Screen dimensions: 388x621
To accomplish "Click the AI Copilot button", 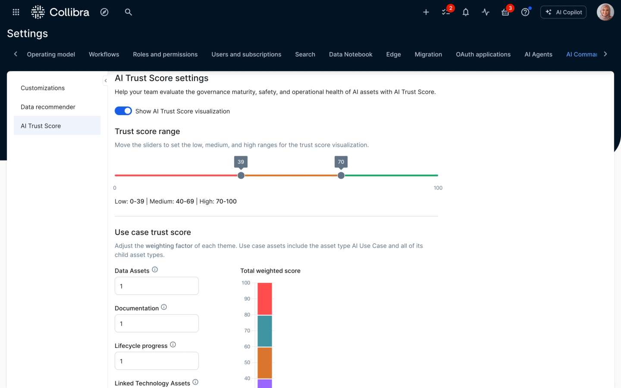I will (x=563, y=12).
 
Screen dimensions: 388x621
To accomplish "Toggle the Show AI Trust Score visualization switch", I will (x=123, y=111).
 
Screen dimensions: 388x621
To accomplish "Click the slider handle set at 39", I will (x=241, y=175).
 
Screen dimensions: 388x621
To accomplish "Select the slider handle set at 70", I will (x=341, y=175).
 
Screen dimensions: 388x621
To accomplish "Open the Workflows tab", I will (x=104, y=54).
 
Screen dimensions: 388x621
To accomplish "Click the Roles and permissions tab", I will (x=165, y=54).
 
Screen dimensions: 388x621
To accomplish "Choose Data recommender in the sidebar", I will (x=48, y=107).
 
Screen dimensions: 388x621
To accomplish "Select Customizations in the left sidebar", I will (x=43, y=88).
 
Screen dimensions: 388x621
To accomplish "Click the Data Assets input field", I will (x=157, y=286).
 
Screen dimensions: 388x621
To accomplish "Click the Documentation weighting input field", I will (x=157, y=323).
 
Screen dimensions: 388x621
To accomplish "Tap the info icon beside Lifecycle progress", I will (x=173, y=344).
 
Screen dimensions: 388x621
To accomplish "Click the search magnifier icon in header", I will (x=128, y=12).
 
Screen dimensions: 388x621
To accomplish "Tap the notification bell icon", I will (x=466, y=12).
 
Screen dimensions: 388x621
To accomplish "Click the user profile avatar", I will (x=605, y=12).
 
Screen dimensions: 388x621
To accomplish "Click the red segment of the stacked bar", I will (x=265, y=299).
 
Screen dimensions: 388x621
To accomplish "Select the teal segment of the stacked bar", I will (x=265, y=331).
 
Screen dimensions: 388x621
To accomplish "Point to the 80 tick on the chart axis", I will (x=247, y=315).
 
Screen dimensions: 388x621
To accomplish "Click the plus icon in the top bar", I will (x=426, y=12).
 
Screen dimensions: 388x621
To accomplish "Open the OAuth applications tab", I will (x=483, y=54).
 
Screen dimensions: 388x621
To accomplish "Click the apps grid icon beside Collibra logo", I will (x=16, y=12).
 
